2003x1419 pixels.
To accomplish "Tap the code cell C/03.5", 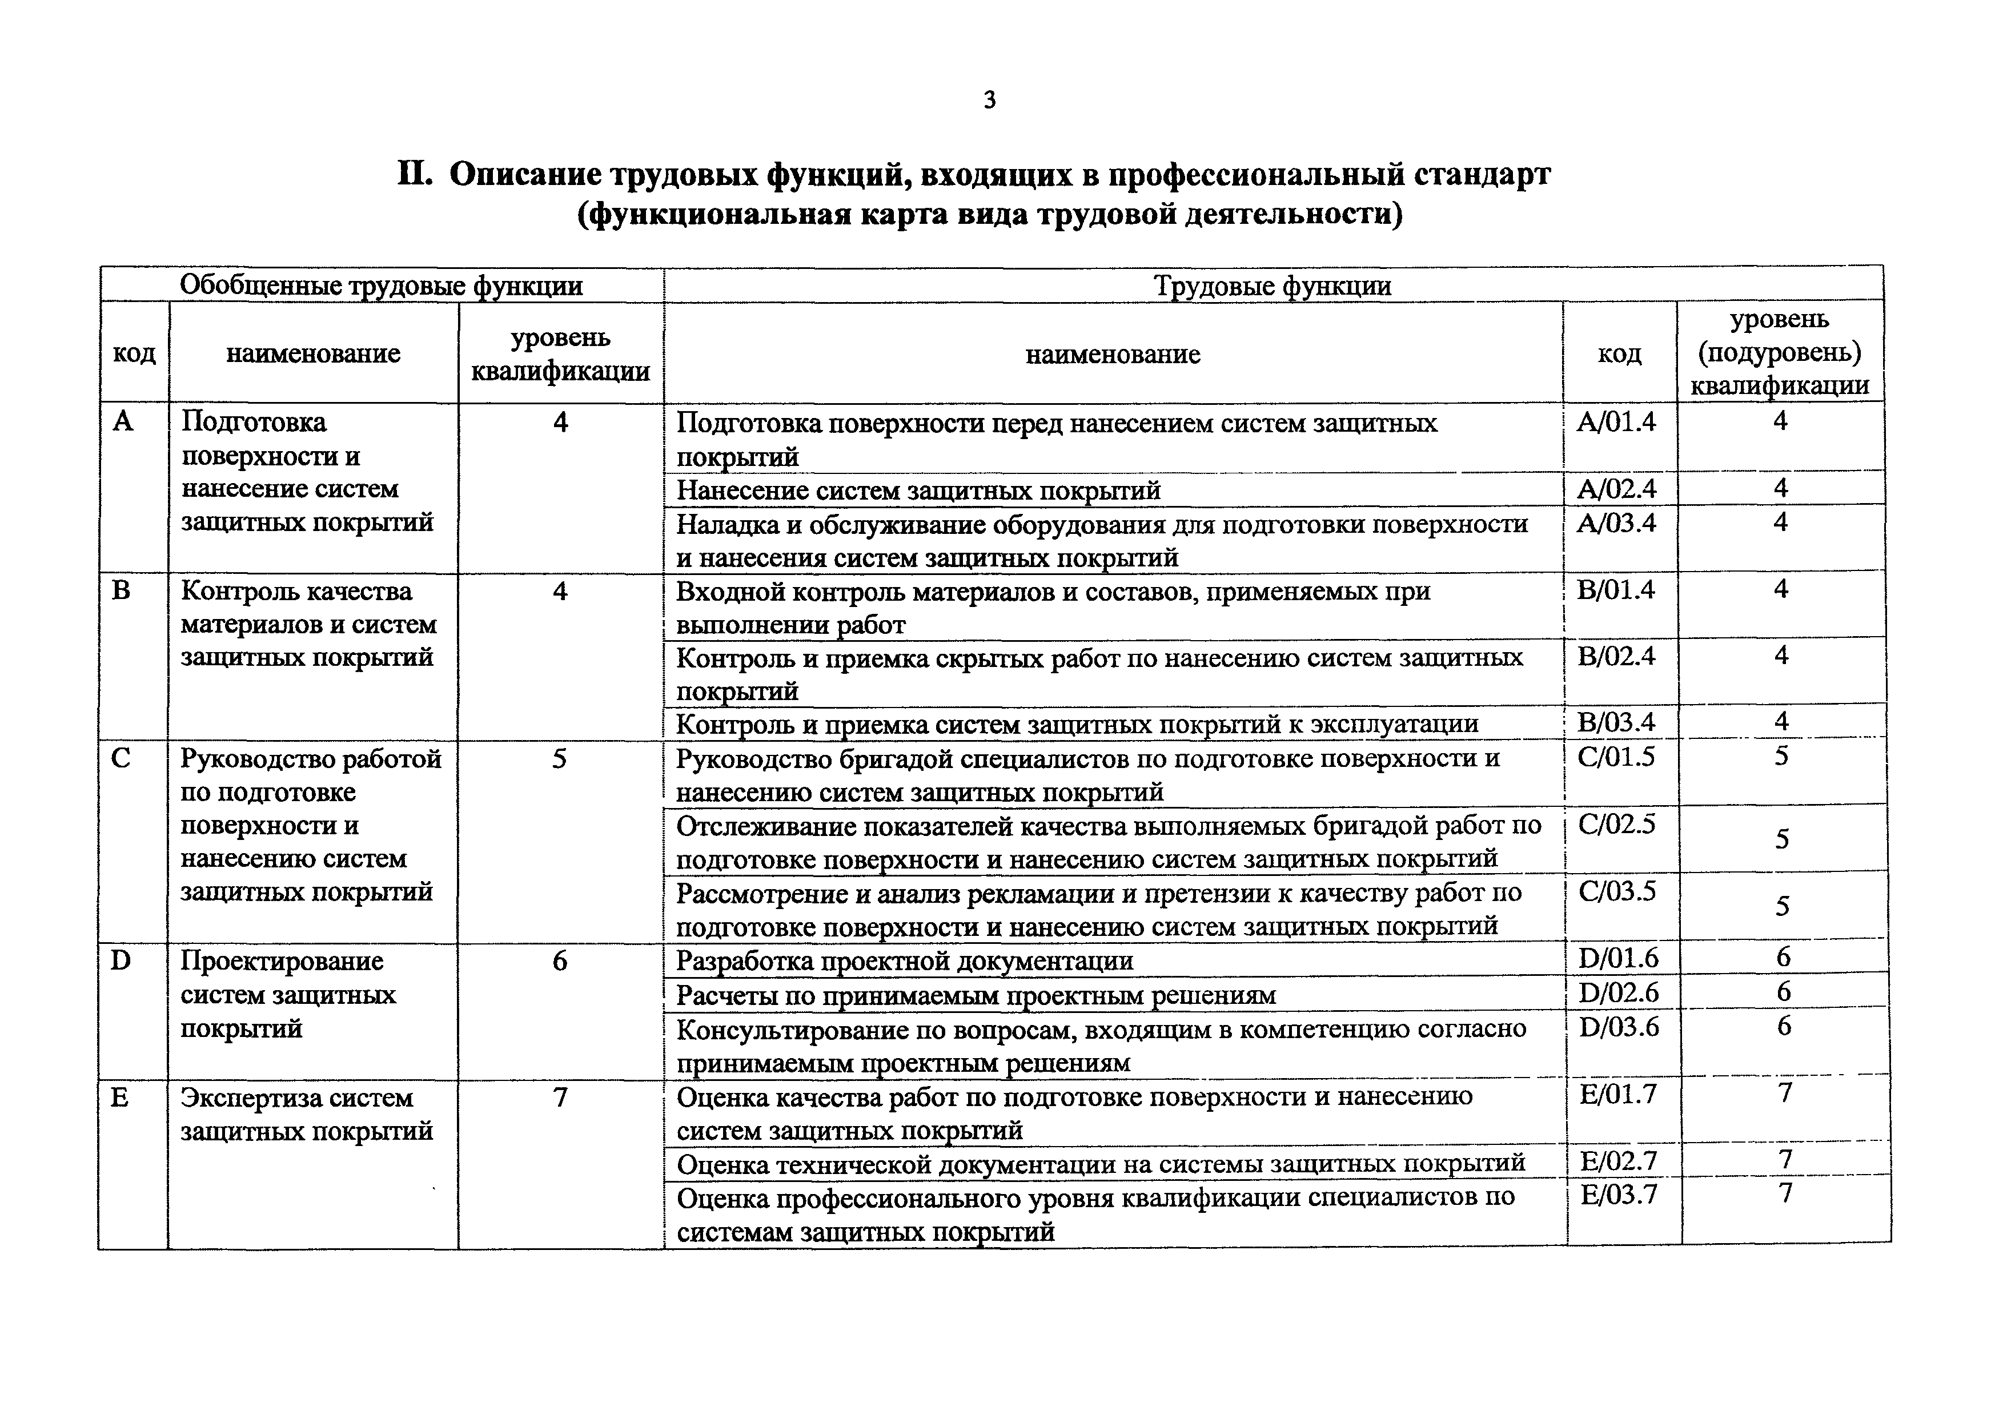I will coord(1617,891).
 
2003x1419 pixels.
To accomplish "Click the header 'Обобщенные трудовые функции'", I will coord(381,286).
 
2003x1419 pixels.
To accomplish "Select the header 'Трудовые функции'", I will coord(1273,286).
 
